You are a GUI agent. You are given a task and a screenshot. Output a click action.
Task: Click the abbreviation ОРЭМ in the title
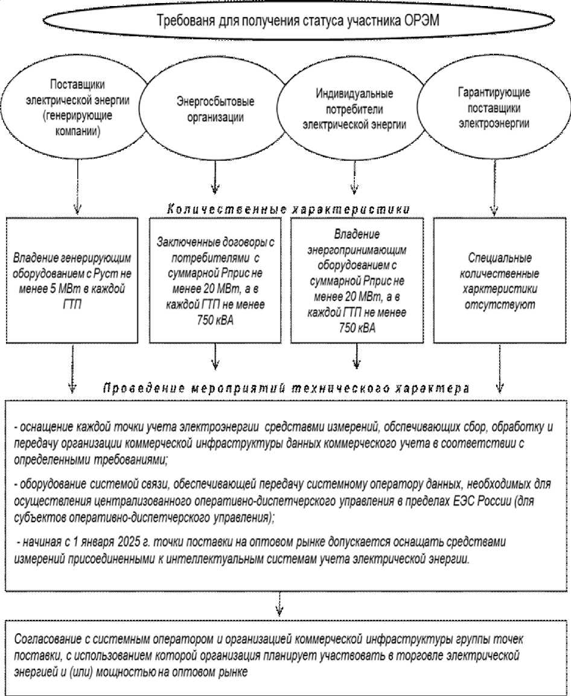coord(421,20)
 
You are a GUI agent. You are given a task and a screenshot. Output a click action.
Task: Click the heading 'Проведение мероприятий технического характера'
coord(286,388)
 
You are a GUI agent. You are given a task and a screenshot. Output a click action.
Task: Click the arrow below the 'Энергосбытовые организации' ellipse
coord(214,178)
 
